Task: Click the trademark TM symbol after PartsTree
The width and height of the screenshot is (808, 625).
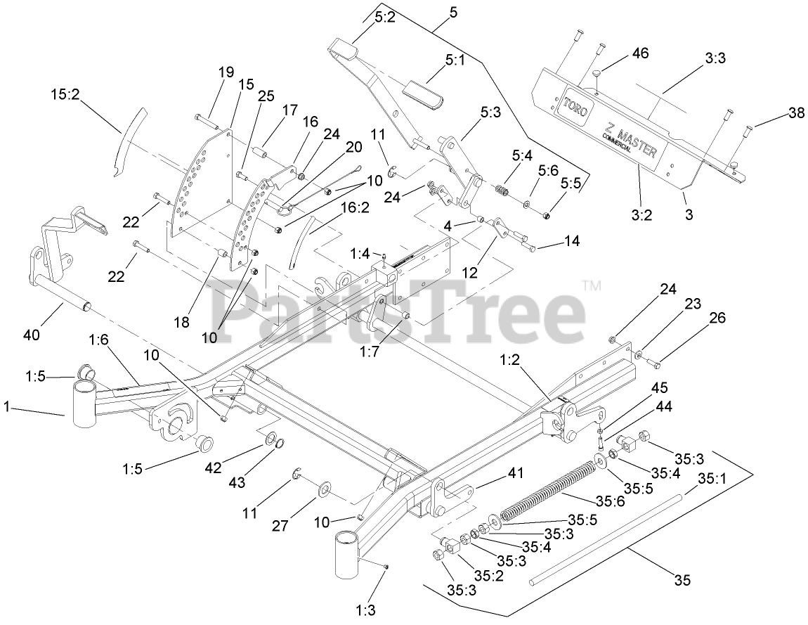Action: coord(592,285)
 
